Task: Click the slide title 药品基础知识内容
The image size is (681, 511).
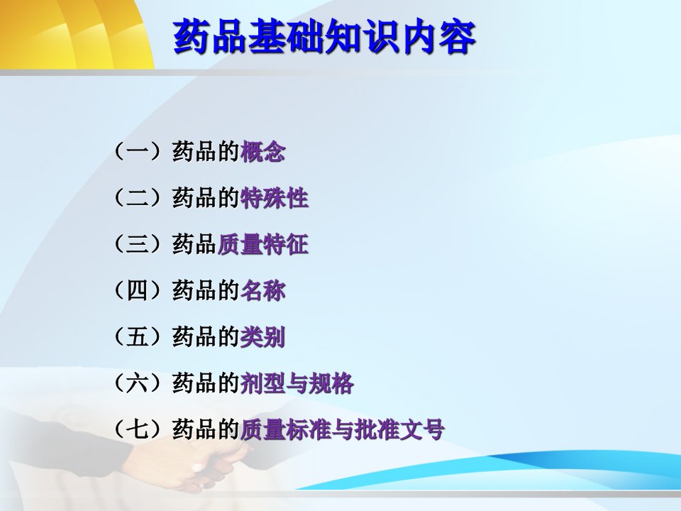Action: pos(324,37)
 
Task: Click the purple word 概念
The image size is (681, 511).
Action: pos(262,152)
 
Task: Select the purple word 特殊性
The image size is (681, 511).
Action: pos(274,198)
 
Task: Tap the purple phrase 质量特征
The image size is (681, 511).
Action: pos(262,244)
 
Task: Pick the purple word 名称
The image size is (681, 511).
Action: pos(262,291)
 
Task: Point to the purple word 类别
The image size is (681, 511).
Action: pos(262,337)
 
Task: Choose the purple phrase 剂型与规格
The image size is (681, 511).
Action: pos(297,384)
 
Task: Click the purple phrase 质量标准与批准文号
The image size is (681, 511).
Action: pos(342,430)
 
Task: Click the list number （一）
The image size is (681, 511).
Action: pos(138,152)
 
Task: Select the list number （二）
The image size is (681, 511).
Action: pos(138,198)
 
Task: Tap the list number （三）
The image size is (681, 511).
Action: pos(138,244)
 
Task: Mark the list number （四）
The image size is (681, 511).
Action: pos(138,291)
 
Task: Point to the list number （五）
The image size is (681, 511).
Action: pos(138,337)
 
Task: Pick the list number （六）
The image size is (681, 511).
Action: pos(138,384)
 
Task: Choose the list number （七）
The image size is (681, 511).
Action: pos(138,430)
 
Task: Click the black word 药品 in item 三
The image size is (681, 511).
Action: pos(194,244)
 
